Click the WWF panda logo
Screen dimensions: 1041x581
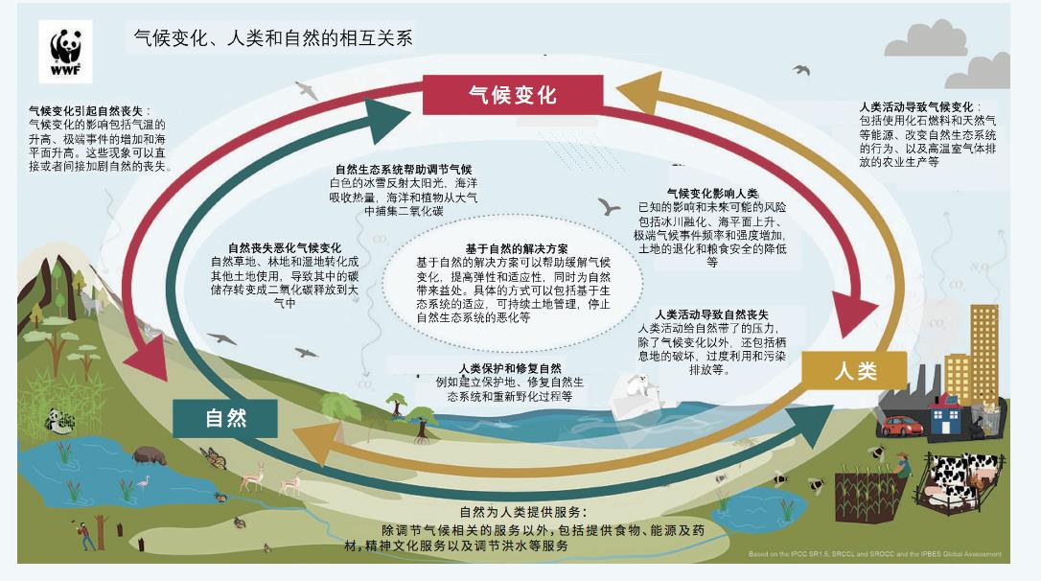tap(65, 52)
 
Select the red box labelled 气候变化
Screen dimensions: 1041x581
tap(513, 94)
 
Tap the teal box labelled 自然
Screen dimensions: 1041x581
tap(225, 418)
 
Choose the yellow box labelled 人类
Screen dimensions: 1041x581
tap(854, 370)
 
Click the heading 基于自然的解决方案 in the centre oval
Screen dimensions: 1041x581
tap(517, 249)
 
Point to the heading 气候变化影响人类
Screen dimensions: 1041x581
tap(712, 194)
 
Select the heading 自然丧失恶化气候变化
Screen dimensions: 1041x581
tap(285, 247)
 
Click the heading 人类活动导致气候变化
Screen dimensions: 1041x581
tap(916, 107)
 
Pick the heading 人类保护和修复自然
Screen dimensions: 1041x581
tap(510, 368)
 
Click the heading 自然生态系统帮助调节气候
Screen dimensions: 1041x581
tap(404, 169)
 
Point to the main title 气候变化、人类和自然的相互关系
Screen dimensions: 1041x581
tap(273, 37)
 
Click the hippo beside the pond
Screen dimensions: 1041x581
tap(150, 455)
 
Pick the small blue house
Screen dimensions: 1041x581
tap(945, 415)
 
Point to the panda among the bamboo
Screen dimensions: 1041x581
tap(60, 421)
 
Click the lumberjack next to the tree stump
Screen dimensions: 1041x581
tap(86, 536)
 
